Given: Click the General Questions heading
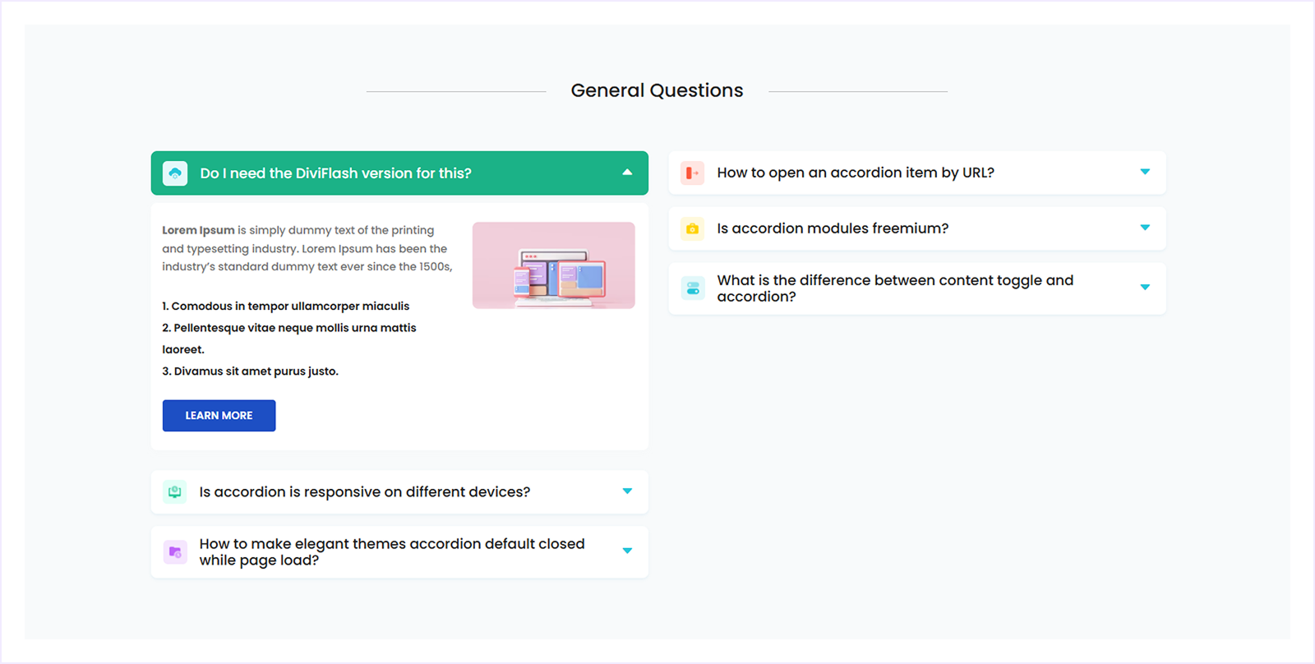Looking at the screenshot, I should (657, 90).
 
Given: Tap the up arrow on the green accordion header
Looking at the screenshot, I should (627, 173).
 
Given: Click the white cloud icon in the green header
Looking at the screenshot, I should (175, 173).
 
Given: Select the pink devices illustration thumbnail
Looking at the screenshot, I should (553, 265).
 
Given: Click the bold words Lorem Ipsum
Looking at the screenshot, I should (198, 230).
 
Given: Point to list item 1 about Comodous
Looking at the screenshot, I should (285, 306).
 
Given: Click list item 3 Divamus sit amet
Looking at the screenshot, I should (250, 371).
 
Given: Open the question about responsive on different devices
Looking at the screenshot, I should (364, 492).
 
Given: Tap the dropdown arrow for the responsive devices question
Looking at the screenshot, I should (627, 491).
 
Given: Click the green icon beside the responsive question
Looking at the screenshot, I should (175, 492).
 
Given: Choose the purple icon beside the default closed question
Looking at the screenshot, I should (175, 552).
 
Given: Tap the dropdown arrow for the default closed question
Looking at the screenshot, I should (627, 551).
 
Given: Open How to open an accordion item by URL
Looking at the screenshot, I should (855, 173).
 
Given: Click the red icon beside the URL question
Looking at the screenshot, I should (693, 173).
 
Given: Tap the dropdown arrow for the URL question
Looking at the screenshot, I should (1145, 172).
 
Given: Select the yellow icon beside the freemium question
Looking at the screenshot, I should (693, 228).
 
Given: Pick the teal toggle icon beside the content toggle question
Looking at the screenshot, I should (693, 288).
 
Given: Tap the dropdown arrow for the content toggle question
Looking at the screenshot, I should (1145, 288).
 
